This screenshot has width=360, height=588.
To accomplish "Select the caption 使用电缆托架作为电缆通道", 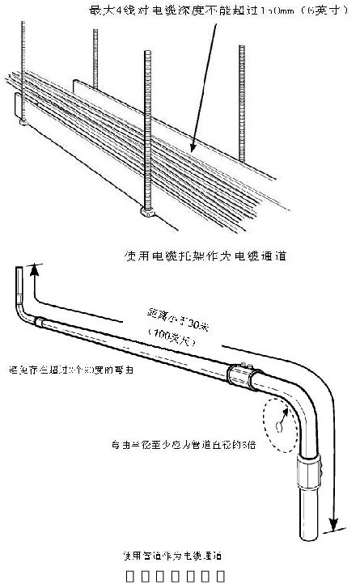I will pyautogui.click(x=206, y=256).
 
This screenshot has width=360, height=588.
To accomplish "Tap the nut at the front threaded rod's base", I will pyautogui.click(x=148, y=214).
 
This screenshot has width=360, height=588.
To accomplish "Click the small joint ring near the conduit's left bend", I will pyautogui.click(x=39, y=320).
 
